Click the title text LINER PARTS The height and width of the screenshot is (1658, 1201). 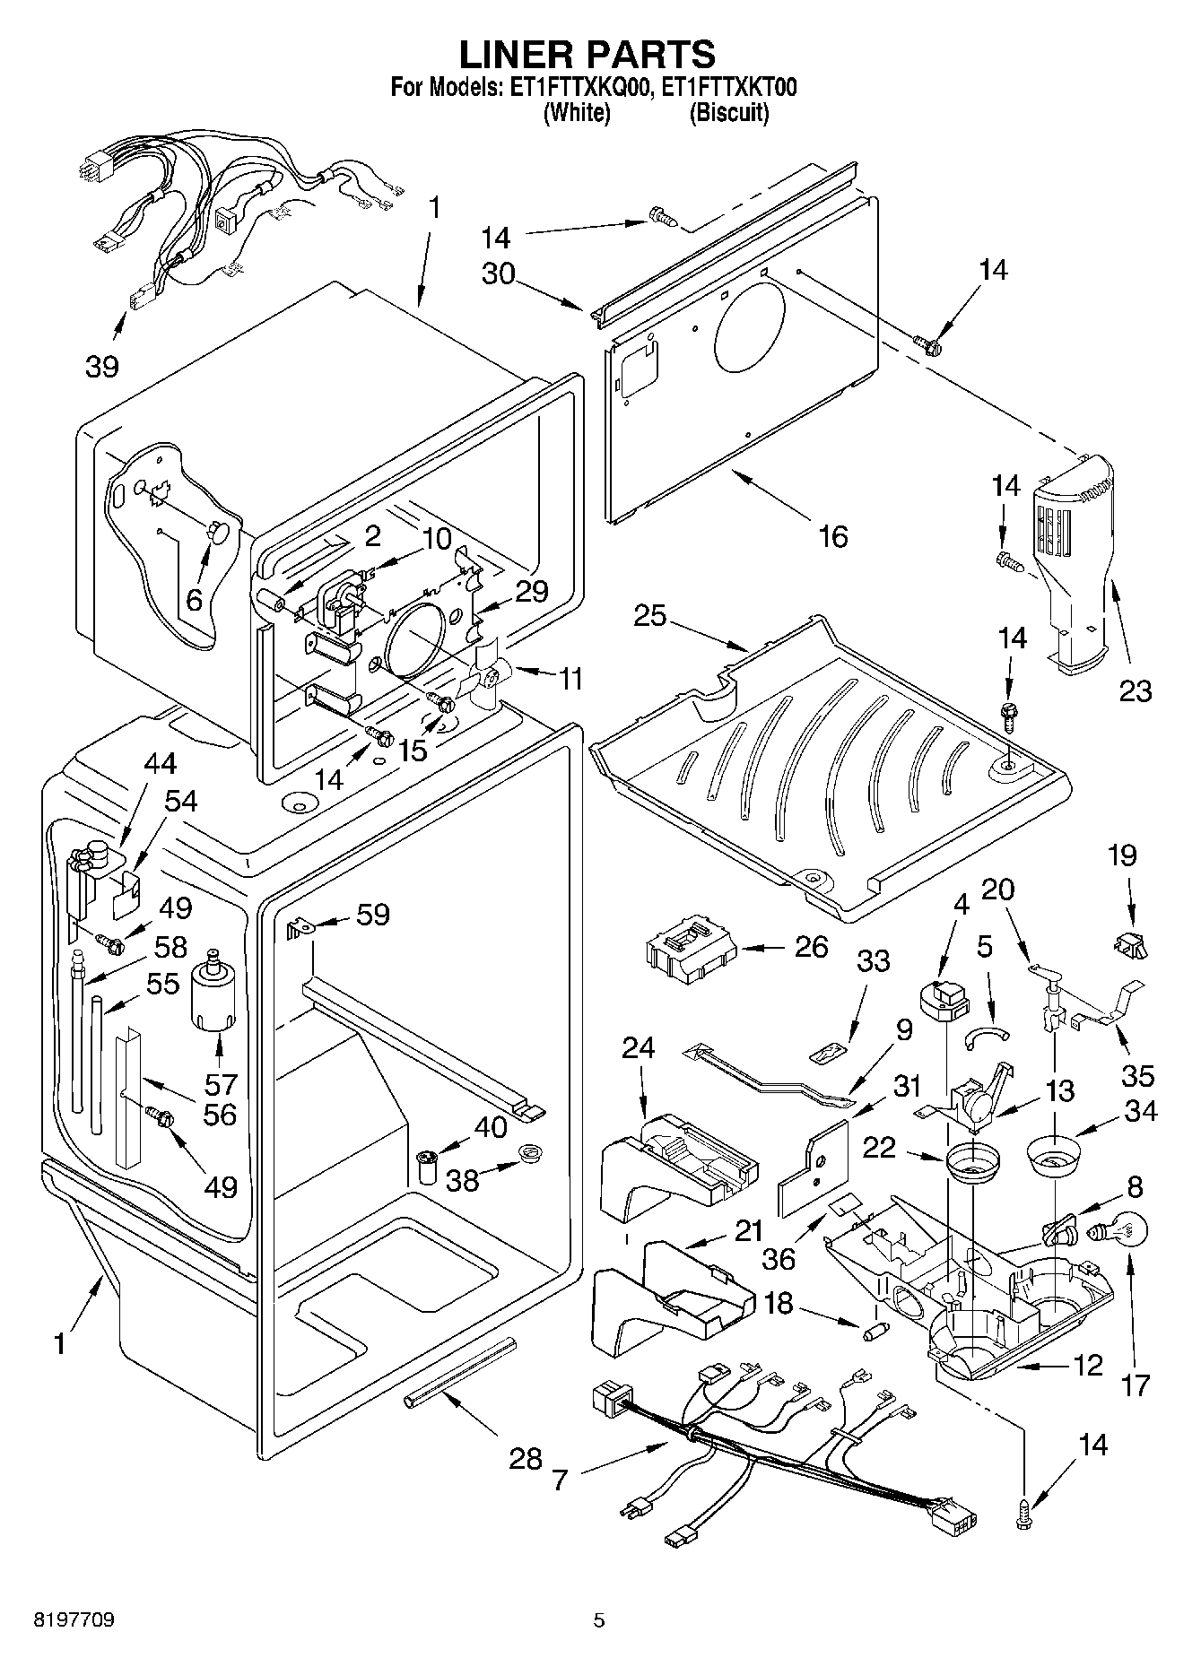coord(587,55)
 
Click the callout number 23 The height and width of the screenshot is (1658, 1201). coord(1136,690)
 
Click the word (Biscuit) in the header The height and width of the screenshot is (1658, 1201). coord(729,114)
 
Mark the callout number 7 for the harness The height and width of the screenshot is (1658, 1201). coord(560,1480)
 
